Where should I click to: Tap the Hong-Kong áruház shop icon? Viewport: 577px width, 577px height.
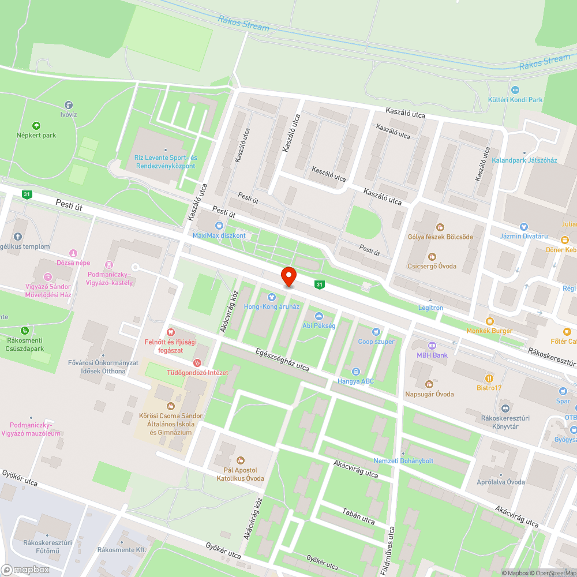[x=272, y=297]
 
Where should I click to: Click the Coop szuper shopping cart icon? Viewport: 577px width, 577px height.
[x=376, y=332]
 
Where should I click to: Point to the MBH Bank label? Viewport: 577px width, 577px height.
[x=432, y=355]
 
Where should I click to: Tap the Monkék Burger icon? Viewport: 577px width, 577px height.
[x=490, y=321]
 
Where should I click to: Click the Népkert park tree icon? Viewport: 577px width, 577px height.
[x=36, y=125]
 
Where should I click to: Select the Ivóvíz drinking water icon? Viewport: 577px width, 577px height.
[x=69, y=105]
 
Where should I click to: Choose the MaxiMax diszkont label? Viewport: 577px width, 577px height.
[x=219, y=235]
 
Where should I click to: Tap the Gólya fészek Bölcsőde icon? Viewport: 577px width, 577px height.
[x=440, y=227]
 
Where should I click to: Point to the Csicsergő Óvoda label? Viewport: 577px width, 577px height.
[x=432, y=266]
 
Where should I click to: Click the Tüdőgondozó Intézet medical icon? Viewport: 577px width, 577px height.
[x=197, y=363]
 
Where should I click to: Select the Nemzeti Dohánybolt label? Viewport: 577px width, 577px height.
[x=403, y=461]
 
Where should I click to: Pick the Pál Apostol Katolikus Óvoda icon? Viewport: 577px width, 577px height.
[x=240, y=460]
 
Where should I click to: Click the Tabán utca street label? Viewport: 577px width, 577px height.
[x=358, y=516]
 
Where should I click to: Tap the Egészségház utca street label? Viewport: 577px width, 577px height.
[x=283, y=359]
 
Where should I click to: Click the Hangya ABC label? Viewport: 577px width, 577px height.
[x=355, y=381]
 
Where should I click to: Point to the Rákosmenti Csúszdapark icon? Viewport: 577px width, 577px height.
[x=24, y=331]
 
